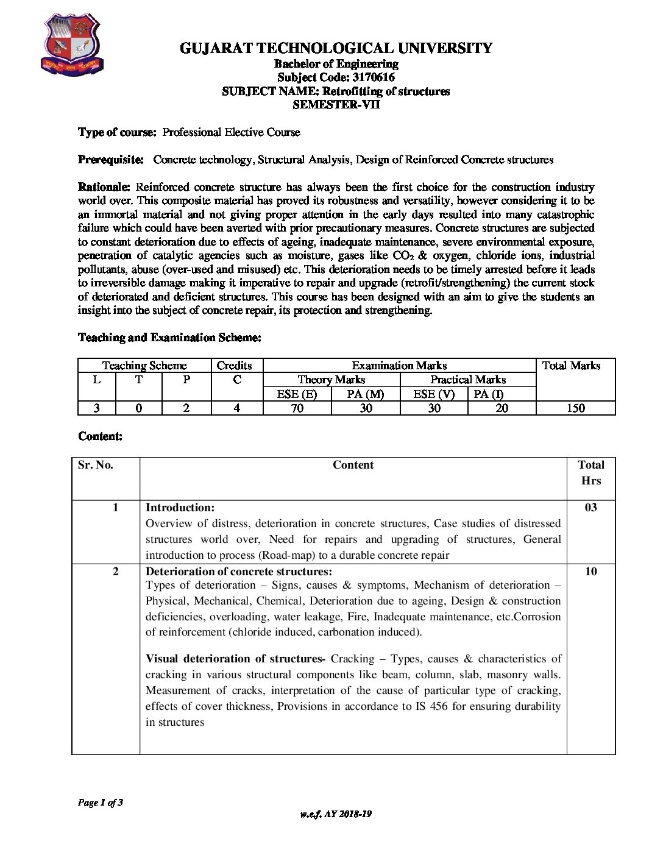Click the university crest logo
[x=71, y=44]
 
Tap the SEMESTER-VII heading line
[x=336, y=104]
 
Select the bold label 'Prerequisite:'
[x=111, y=160]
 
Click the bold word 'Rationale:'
[x=104, y=187]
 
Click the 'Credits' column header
[x=235, y=366]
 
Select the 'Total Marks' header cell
[x=571, y=366]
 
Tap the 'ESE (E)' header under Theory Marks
[x=297, y=394]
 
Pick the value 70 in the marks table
[x=297, y=408]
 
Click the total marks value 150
[x=575, y=408]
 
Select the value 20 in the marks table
[x=502, y=408]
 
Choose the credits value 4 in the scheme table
[x=236, y=408]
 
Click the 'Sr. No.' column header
[x=96, y=465]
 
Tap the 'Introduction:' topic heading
[x=180, y=508]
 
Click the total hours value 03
[x=590, y=508]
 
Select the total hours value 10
[x=590, y=572]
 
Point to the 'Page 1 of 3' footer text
[x=101, y=803]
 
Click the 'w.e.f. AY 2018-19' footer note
[x=336, y=814]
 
